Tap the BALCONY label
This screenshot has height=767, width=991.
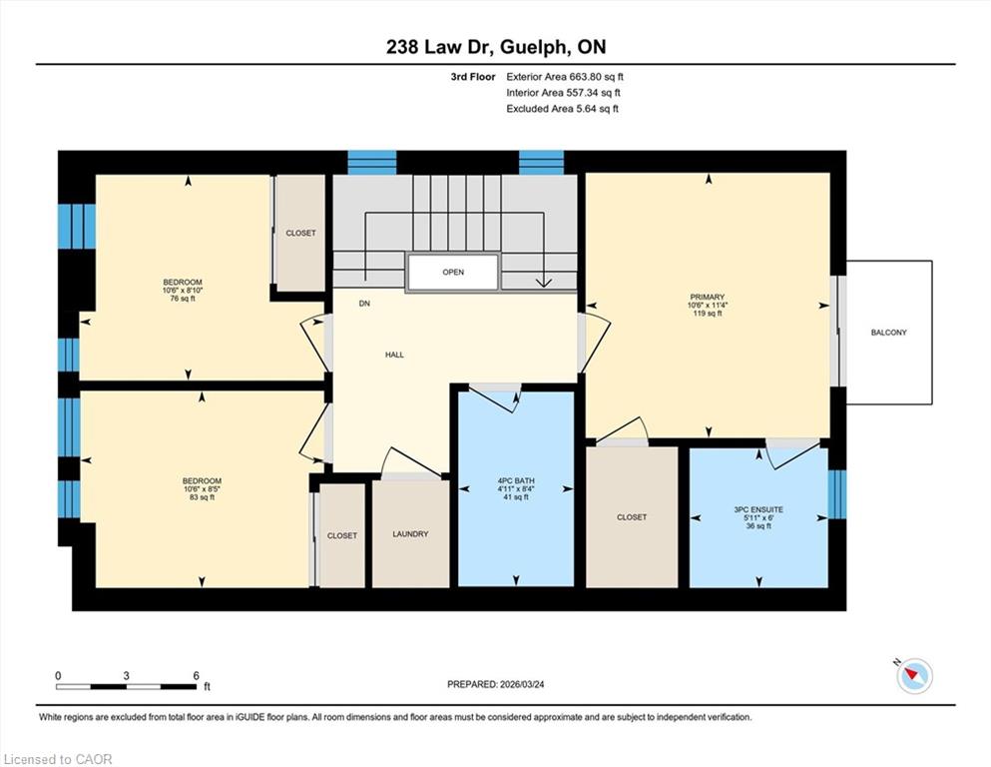coord(888,333)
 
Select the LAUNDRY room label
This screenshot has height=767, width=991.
coord(410,534)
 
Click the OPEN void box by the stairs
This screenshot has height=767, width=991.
coord(453,273)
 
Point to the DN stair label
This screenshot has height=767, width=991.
coord(364,304)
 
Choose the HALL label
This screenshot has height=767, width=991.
coord(394,356)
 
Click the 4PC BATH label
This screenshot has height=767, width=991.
coord(516,481)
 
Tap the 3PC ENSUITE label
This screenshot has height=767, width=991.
coord(758,509)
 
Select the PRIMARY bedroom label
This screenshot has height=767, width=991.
coord(708,298)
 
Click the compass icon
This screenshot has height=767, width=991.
coord(914,676)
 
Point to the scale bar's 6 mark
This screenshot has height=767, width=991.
coord(197,675)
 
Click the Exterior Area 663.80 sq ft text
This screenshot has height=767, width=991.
coord(565,77)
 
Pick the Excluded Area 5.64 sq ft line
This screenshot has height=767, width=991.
coord(563,109)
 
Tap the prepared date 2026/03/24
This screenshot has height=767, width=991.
coord(521,684)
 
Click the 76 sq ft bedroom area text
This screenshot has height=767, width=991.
coord(183,299)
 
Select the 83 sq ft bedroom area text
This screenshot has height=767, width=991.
coord(203,497)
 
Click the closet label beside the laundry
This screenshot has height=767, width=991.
coord(342,536)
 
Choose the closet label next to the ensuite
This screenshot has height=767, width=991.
coord(632,517)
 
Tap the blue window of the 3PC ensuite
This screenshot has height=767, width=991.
coord(836,493)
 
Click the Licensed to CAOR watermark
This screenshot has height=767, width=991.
coord(58,759)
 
